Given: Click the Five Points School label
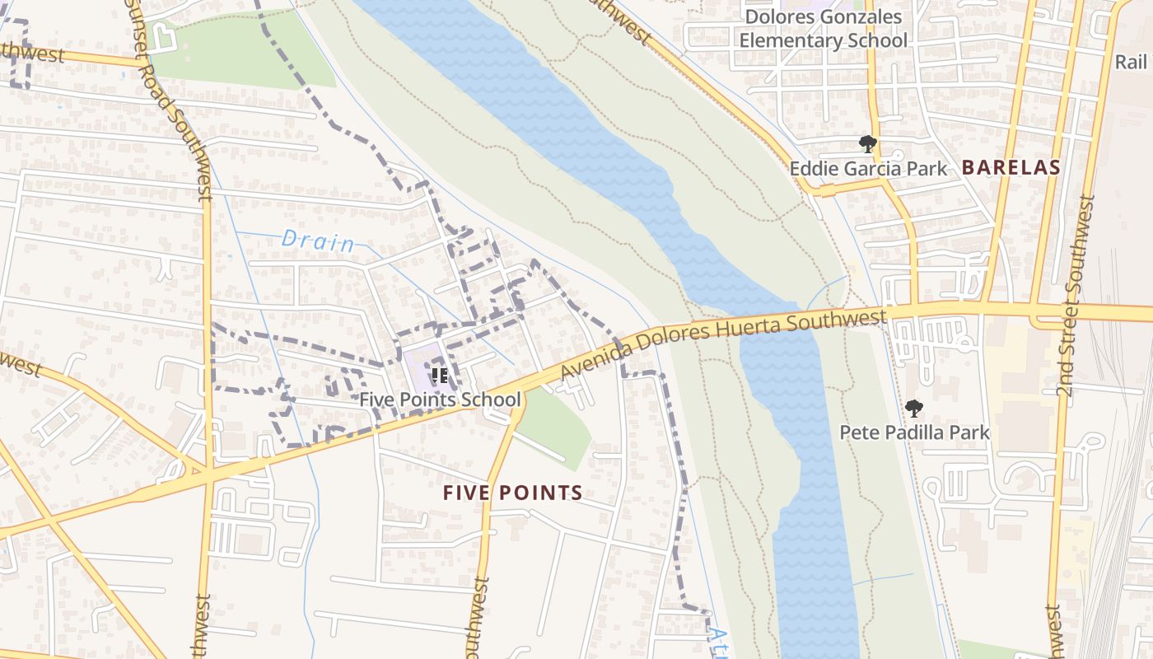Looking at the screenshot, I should (440, 400).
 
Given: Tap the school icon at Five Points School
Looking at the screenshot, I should (440, 376).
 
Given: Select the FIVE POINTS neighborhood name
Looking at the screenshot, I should (512, 493).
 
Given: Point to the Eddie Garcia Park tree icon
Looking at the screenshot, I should (867, 145).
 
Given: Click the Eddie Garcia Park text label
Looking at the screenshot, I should (868, 169).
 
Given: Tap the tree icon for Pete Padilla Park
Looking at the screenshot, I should (913, 409).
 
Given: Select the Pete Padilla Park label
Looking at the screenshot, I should (914, 432).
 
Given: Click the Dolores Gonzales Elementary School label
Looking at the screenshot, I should (823, 29).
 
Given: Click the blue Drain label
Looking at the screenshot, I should (318, 241).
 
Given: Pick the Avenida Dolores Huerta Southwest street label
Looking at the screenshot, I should (723, 345).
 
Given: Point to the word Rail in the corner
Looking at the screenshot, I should (1131, 62).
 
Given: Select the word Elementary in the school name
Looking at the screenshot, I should (796, 40).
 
